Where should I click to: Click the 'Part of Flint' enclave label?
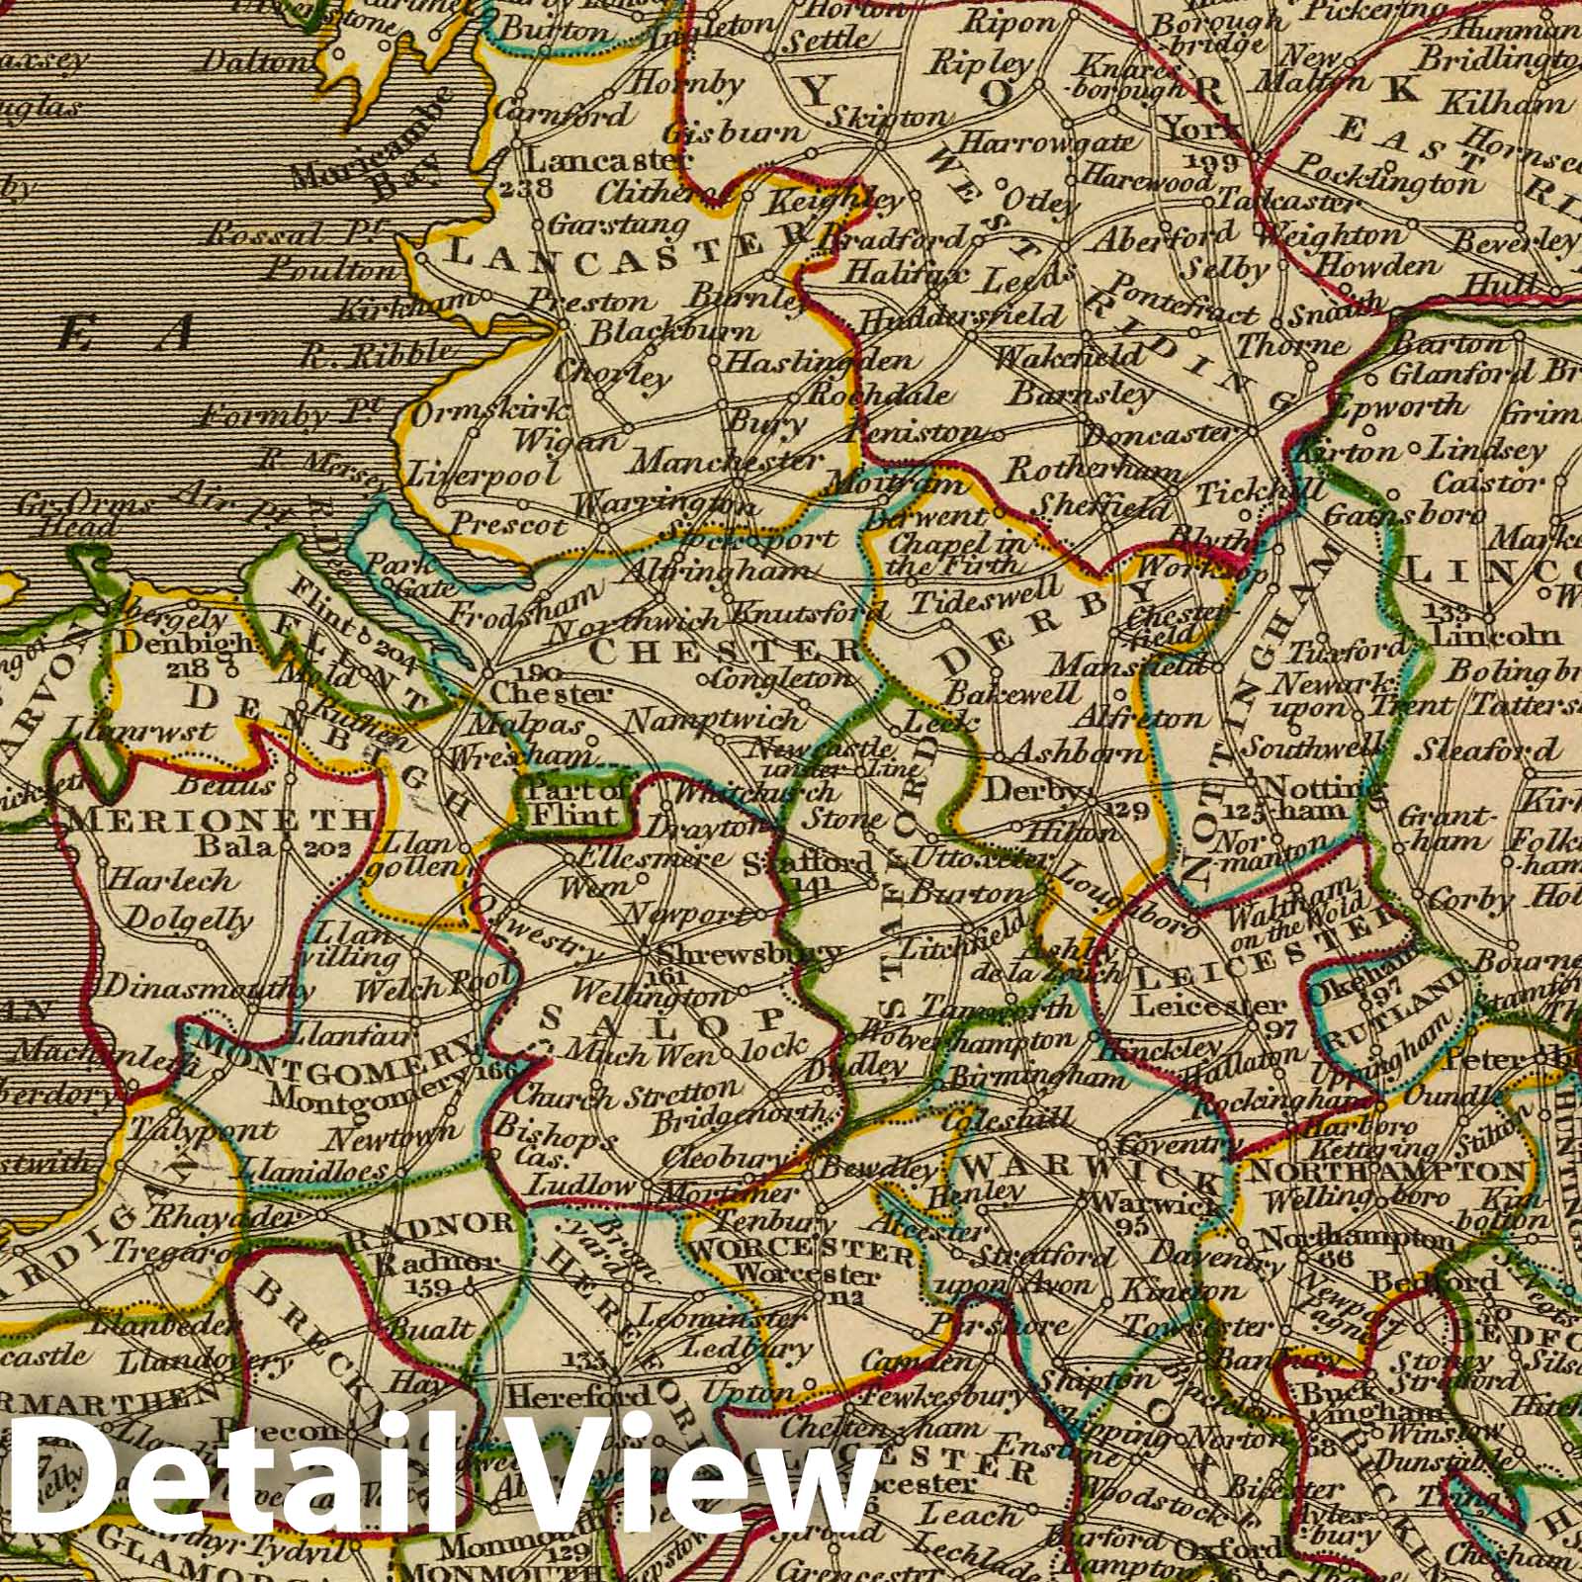(x=579, y=803)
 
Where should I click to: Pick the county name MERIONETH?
(x=222, y=820)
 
